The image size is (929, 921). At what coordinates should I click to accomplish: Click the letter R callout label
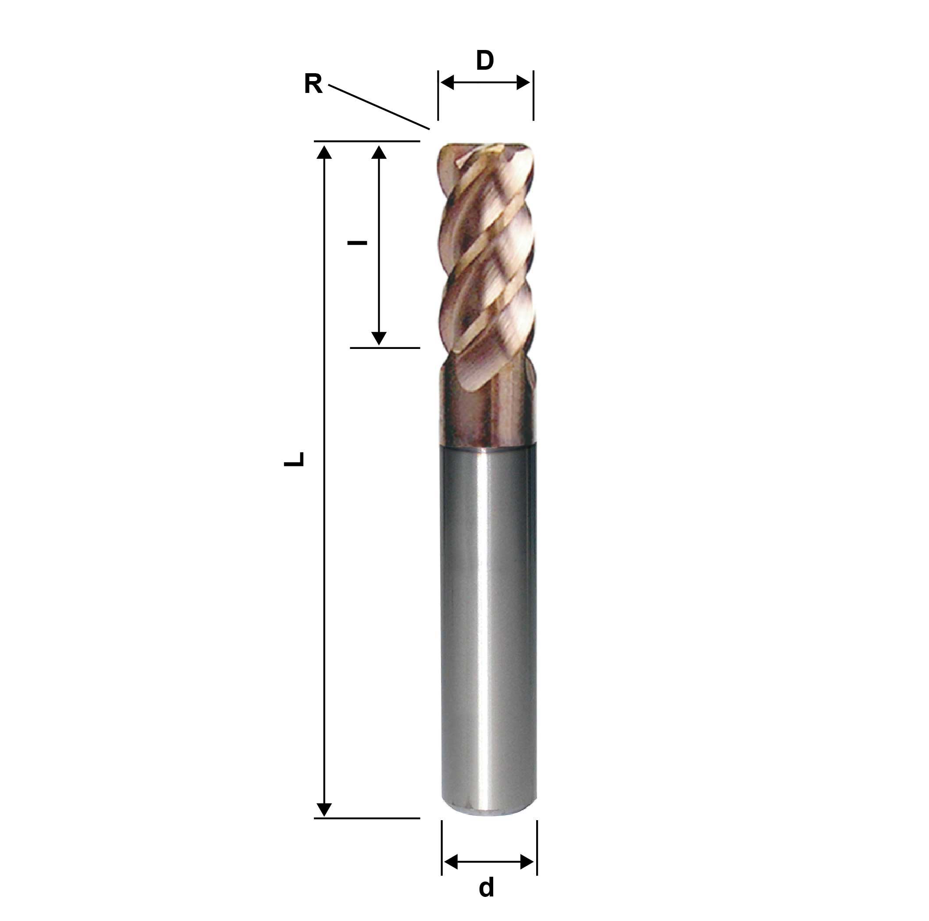(313, 84)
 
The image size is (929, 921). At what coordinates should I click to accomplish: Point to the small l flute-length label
(357, 243)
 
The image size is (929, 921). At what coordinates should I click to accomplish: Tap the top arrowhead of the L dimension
(325, 152)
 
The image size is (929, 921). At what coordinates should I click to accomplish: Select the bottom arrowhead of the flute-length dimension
(379, 338)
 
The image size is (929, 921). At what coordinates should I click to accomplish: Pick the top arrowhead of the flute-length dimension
(379, 152)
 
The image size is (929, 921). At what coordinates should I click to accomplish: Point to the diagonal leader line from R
(378, 107)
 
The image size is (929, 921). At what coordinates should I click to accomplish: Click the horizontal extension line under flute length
(384, 348)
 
